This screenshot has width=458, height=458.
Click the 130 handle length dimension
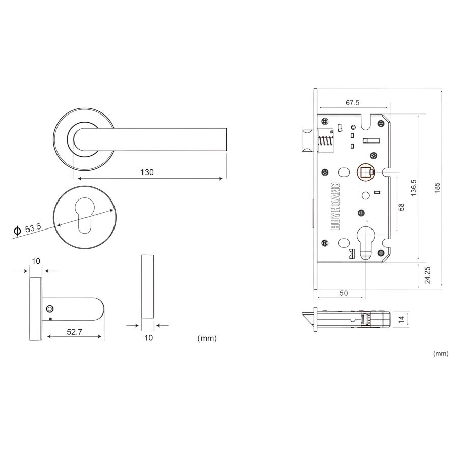point(147,173)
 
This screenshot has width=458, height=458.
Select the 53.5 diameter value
point(33,228)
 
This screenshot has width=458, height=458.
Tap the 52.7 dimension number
point(74,332)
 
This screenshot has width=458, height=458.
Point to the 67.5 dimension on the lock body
point(352,102)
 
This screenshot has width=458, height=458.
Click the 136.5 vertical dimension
point(414,187)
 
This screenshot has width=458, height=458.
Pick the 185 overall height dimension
point(437,188)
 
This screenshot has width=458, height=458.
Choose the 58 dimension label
point(402,207)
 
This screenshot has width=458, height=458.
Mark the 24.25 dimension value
point(427,275)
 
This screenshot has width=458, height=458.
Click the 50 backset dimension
point(344,293)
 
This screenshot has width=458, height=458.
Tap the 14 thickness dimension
point(402,319)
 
